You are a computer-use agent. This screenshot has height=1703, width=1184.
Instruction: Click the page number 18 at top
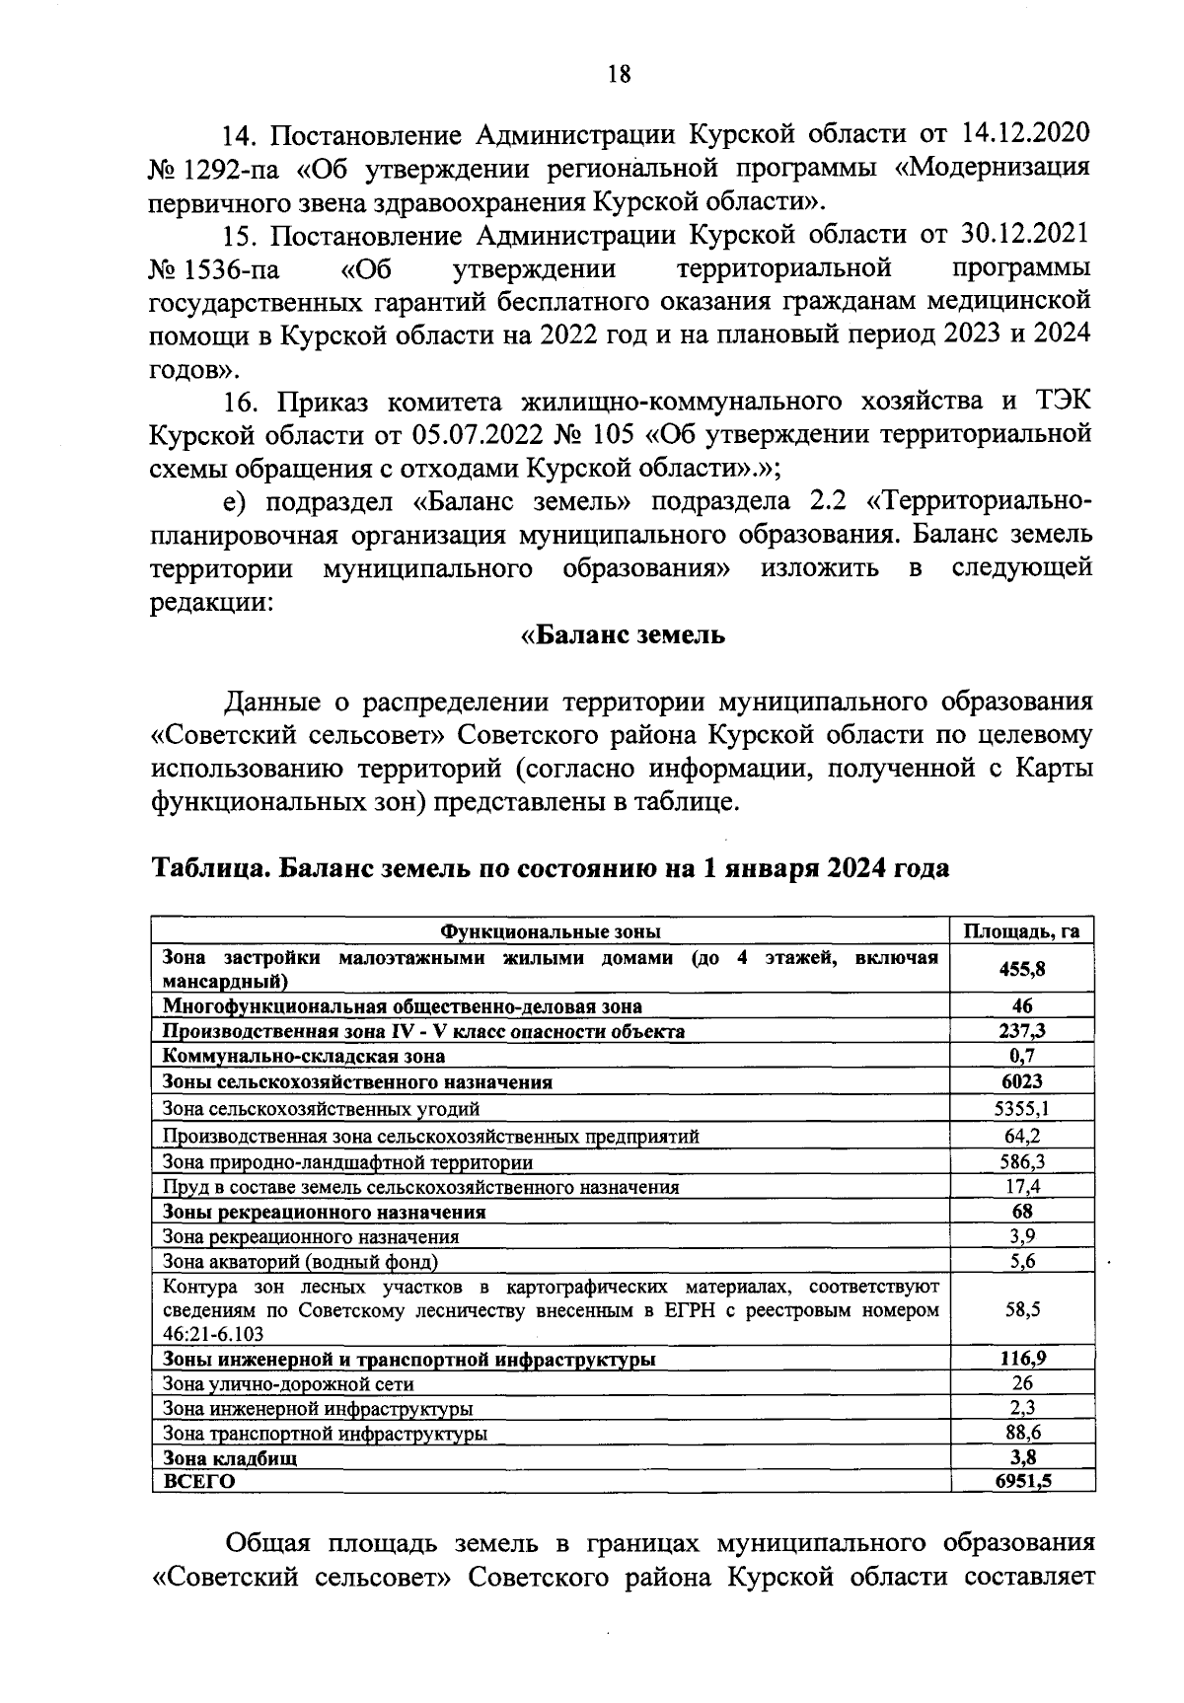click(x=619, y=74)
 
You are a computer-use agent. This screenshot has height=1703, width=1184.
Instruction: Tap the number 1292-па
click(x=230, y=167)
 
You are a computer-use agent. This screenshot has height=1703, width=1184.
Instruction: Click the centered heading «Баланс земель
click(x=623, y=634)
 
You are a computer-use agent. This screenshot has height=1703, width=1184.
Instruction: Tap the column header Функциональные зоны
click(x=550, y=931)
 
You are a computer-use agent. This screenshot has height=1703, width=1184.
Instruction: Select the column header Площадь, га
click(x=1021, y=931)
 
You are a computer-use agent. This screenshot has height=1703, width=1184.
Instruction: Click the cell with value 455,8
click(x=1021, y=969)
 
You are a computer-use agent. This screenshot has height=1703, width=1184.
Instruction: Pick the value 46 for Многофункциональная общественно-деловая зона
click(x=1021, y=1006)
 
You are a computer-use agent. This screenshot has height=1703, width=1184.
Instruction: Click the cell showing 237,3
click(x=1021, y=1031)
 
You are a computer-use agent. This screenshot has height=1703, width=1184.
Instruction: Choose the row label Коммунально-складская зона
click(x=303, y=1056)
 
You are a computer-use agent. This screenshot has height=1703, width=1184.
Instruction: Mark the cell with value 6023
click(x=1021, y=1081)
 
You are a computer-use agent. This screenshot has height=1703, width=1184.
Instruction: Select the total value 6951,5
click(x=1021, y=1480)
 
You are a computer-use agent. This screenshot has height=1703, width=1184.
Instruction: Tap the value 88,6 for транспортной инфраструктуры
click(x=1021, y=1433)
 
